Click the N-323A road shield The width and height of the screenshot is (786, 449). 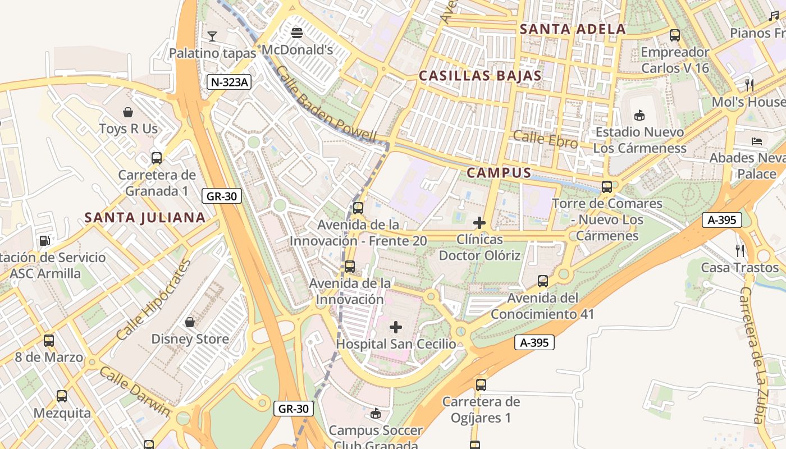pos(229,82)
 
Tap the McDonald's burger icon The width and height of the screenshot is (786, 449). pos(297,33)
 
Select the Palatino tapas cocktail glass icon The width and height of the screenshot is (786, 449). pos(212,36)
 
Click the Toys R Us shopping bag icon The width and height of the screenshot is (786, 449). pos(129,112)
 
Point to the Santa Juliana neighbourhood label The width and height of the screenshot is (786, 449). pos(145,217)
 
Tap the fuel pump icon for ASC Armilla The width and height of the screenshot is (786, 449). pos(44,240)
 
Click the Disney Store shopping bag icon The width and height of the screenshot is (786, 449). pos(190,322)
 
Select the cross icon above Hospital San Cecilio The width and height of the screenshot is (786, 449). pos(396,327)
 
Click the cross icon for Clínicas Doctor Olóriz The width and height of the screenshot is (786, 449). pos(479,223)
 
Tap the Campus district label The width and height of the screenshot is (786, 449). pos(499,172)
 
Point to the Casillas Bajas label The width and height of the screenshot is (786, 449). pos(480,76)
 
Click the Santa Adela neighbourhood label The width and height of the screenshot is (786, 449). pos(573,29)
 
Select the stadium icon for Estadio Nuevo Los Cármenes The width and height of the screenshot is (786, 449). pos(639,115)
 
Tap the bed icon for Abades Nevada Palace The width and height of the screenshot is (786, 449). pos(756,140)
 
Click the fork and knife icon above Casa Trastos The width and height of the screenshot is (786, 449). pos(740,250)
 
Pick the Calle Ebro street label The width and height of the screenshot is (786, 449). pos(545,139)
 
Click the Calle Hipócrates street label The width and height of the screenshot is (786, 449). pos(153,300)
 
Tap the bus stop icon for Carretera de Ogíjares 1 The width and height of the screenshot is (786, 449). pos(481,384)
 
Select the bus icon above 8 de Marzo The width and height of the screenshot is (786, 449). pos(49,340)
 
